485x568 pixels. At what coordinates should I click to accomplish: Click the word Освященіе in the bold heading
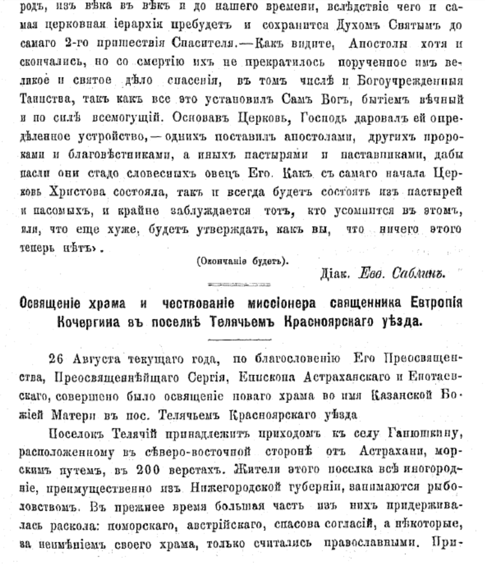(x=50, y=303)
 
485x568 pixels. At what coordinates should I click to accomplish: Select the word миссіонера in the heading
(x=281, y=303)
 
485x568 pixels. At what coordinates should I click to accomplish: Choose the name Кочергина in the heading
(x=88, y=322)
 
